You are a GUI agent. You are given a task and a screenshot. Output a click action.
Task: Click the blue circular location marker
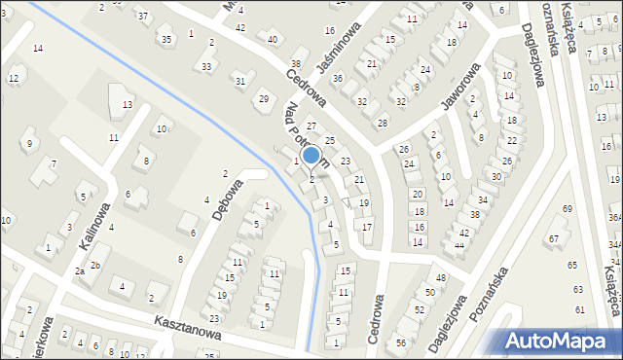pyautogui.click(x=311, y=155)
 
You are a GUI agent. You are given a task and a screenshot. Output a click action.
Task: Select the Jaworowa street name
pyautogui.click(x=458, y=98)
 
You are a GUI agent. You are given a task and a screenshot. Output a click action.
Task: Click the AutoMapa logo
pyautogui.click(x=556, y=341)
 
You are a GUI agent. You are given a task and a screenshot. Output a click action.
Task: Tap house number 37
pyautogui.click(x=143, y=16)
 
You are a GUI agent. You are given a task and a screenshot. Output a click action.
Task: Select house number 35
pyautogui.click(x=166, y=39)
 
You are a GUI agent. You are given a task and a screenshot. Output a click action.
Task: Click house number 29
pyautogui.click(x=263, y=98)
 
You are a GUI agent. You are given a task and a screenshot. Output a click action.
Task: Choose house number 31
pyautogui.click(x=239, y=80)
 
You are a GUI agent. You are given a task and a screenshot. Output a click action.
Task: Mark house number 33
pyautogui.click(x=206, y=66)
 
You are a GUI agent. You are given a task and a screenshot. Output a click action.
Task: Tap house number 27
pyautogui.click(x=311, y=127)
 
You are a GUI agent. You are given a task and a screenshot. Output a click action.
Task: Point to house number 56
pyautogui.click(x=401, y=342)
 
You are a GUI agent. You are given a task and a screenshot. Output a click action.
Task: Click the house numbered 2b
pyautogui.click(x=95, y=265)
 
